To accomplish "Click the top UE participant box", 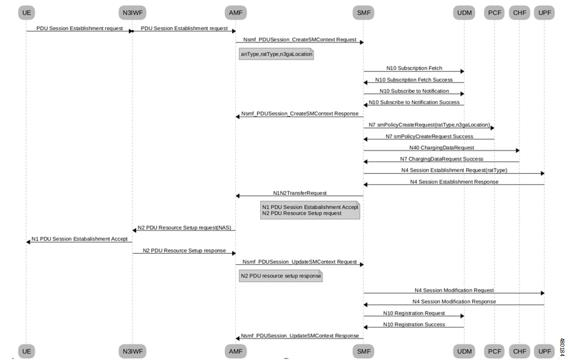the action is click(26, 12).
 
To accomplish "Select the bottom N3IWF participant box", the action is click(133, 351).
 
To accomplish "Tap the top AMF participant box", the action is click(236, 12).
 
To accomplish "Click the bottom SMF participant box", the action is click(363, 351).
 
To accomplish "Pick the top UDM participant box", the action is click(464, 12).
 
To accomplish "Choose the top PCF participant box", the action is click(494, 12).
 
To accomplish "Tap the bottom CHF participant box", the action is click(519, 351).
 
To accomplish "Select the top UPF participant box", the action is click(545, 12).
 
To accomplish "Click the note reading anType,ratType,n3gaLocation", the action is click(276, 54).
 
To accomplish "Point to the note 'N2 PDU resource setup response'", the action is click(281, 276).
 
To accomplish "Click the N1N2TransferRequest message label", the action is click(300, 193).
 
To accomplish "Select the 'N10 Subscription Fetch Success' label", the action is click(414, 80).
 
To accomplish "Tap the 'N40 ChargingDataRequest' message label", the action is click(442, 148).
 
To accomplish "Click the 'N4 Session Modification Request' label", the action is click(454, 290).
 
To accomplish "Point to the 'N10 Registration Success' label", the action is click(414, 324).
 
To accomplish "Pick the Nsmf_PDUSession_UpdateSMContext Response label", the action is click(300, 336).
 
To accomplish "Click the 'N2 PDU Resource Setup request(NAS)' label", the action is click(184, 228).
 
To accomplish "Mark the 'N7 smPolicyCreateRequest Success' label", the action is click(429, 136).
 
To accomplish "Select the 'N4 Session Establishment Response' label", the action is click(454, 182).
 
